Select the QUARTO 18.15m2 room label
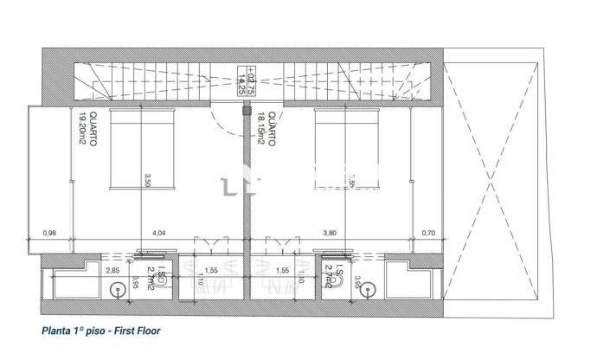(x=265, y=132)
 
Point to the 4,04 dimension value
(x=158, y=233)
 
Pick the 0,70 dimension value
(x=427, y=233)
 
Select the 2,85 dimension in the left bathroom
(x=112, y=271)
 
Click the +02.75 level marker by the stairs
(x=250, y=80)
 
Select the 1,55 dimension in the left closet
(x=212, y=271)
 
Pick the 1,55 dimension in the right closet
(x=281, y=271)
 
